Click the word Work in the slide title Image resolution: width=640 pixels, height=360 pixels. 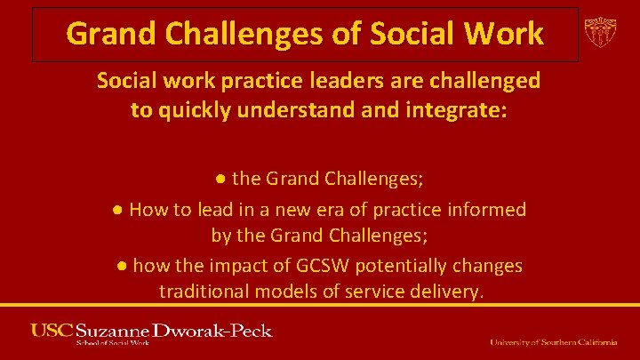(504, 34)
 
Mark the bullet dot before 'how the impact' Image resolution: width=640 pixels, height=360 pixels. (122, 266)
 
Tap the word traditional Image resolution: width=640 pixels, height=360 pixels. (203, 291)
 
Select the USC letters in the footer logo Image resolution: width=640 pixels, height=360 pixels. (52, 331)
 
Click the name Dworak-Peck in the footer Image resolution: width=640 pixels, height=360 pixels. (213, 331)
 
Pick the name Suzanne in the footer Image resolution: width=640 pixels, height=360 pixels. (114, 331)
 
